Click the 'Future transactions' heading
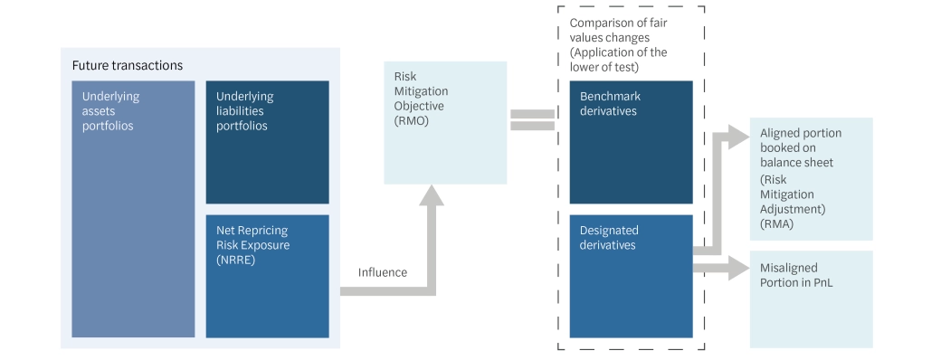point(128,66)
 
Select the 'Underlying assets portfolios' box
point(133,208)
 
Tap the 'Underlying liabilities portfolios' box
point(267,142)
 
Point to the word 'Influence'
point(384,271)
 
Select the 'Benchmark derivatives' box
point(631,142)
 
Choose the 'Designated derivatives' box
point(631,276)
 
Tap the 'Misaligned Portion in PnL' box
point(811,299)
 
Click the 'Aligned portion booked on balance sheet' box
point(811,178)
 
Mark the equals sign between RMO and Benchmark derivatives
point(532,119)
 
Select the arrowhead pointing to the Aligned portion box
point(735,137)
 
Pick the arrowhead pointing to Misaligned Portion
point(737,268)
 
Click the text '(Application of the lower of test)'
point(618,59)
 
